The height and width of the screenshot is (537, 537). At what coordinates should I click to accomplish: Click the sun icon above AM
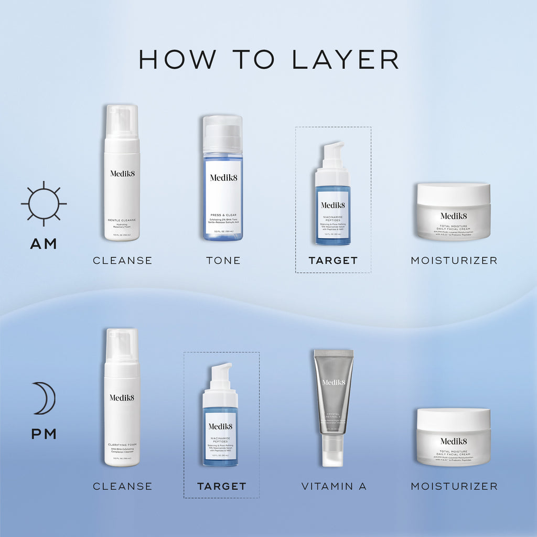point(44,204)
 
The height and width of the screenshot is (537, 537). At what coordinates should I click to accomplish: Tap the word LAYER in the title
point(346,59)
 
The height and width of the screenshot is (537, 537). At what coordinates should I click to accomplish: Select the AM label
point(44,244)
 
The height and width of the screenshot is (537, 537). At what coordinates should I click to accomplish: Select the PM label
point(44,434)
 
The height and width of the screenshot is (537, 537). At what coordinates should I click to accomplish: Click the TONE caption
point(223,261)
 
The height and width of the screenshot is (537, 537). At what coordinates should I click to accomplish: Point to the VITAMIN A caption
point(334,487)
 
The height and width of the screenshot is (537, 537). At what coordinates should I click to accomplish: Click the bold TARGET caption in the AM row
point(333,261)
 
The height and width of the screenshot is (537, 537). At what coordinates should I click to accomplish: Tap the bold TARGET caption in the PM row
point(221,487)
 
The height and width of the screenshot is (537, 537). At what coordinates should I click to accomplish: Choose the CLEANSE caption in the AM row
point(122,261)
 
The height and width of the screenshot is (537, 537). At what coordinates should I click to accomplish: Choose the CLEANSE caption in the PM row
point(122,487)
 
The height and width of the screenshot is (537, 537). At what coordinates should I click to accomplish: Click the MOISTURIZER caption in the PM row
point(454,487)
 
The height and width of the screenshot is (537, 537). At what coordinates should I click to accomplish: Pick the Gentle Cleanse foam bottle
point(122,178)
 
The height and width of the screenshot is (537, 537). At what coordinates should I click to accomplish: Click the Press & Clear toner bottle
point(223,184)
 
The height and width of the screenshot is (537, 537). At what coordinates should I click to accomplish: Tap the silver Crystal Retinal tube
point(334,393)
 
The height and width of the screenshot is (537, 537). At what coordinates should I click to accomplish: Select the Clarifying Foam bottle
point(122,404)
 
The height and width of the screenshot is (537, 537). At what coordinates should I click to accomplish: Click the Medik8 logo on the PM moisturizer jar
point(454,441)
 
